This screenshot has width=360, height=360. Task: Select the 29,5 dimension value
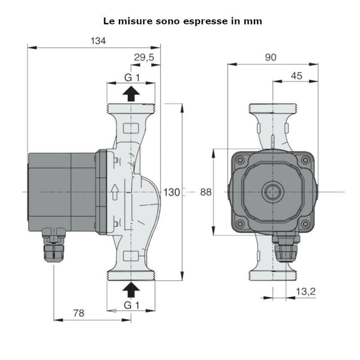click(143, 57)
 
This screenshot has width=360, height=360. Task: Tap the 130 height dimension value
click(172, 192)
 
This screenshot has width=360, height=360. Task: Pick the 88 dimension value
click(206, 192)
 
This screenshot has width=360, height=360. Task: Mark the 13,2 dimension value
click(306, 292)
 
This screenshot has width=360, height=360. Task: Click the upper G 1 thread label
click(131, 77)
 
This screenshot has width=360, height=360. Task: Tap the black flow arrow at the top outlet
click(131, 92)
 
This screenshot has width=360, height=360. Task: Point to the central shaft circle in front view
click(273, 193)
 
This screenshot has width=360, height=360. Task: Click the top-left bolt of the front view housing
click(240, 160)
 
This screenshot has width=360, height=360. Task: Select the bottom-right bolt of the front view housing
click(306, 224)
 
